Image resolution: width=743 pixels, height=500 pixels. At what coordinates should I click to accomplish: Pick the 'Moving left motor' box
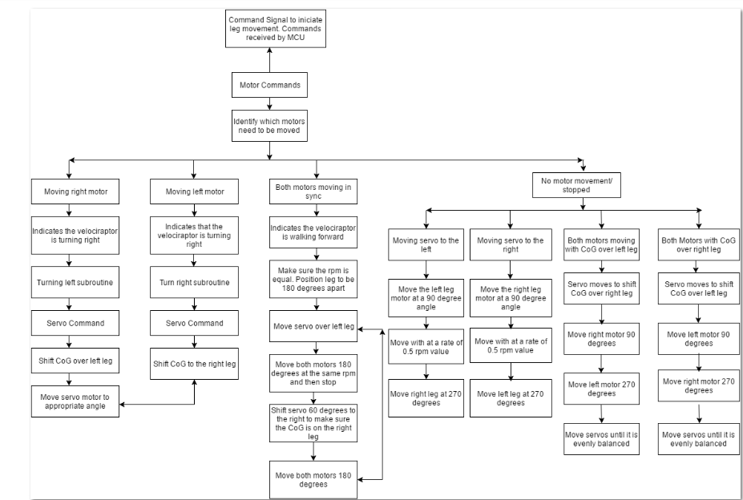pos(195,192)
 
